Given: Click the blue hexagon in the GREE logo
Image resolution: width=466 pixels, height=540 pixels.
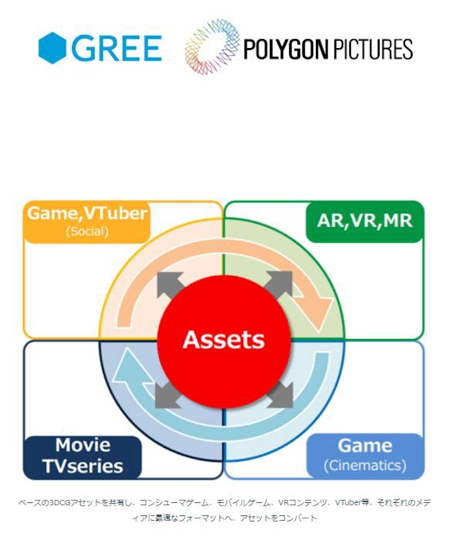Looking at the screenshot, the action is click(52, 48).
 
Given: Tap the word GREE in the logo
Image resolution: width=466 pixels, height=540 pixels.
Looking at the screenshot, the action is click(116, 48).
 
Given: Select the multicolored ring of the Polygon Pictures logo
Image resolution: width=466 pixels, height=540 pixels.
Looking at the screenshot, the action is click(212, 47).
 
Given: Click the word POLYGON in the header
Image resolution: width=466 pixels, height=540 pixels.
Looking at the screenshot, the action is click(286, 49).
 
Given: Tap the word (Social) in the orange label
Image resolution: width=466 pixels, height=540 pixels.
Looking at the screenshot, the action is click(87, 231).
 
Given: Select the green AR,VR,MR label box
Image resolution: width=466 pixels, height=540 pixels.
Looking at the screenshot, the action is click(365, 222).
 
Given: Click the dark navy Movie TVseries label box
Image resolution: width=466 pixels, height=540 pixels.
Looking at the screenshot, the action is click(82, 457).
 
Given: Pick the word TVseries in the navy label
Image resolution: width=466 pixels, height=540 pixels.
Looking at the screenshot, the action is click(83, 467).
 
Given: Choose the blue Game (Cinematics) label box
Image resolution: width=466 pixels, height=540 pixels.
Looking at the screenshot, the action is click(365, 456).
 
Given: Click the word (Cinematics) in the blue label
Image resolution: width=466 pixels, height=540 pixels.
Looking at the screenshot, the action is click(365, 465).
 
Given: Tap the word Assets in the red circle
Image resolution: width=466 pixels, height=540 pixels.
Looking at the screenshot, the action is click(223, 340).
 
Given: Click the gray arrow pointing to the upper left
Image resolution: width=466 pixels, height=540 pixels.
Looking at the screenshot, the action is click(169, 285).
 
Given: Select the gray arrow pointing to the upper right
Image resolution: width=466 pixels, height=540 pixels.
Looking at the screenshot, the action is click(278, 285).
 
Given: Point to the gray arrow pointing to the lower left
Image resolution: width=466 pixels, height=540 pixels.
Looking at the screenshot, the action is click(169, 395).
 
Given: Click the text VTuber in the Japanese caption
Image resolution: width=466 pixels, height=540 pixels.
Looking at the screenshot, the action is click(347, 502).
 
